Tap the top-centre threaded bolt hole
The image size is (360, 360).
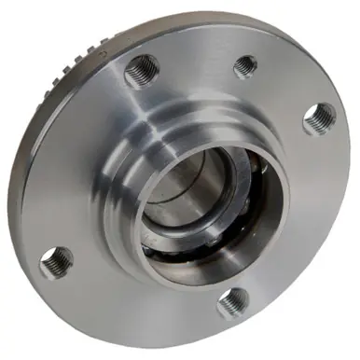coord(245,65)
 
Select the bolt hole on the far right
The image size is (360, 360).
coord(320,118)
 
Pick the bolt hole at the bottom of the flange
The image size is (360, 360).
coord(233,302)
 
